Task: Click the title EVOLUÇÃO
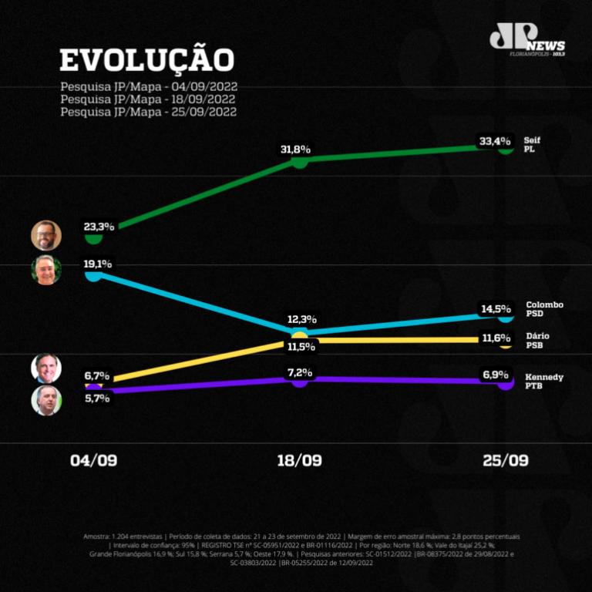click(x=146, y=60)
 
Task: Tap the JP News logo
click(x=527, y=40)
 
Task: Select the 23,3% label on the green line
click(x=99, y=227)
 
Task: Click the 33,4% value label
click(x=495, y=141)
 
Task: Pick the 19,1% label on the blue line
click(x=98, y=264)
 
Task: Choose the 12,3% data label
click(x=302, y=319)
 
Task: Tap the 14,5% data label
click(x=496, y=309)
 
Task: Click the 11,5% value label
click(x=301, y=347)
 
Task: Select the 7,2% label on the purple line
click(x=299, y=372)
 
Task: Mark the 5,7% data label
click(x=97, y=399)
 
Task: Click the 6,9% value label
click(x=496, y=374)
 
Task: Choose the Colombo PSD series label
click(x=544, y=309)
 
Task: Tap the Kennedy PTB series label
click(x=544, y=381)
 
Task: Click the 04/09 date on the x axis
click(x=94, y=460)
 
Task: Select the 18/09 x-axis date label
click(x=299, y=460)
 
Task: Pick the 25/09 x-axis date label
click(x=506, y=460)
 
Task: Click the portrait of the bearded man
click(x=46, y=235)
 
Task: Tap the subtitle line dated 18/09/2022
click(x=148, y=99)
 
